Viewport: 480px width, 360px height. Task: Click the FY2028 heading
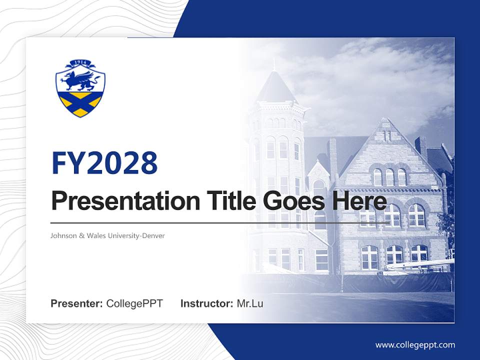[104, 162]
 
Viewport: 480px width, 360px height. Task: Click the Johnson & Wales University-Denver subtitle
[107, 235]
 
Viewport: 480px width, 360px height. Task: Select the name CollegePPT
[134, 303]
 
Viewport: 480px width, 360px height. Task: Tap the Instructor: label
[207, 303]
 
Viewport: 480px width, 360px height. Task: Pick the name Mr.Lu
[250, 303]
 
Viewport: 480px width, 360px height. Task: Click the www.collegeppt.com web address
[415, 344]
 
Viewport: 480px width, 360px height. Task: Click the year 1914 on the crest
[80, 62]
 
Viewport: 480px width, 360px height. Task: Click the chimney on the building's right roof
[420, 145]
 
